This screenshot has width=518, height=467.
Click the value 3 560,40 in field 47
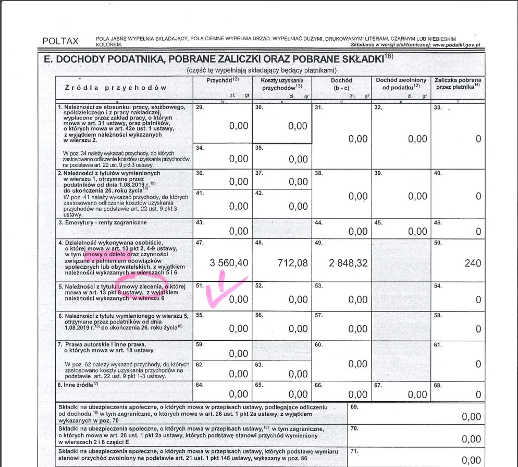click(x=229, y=263)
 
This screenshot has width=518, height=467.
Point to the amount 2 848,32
click(x=348, y=263)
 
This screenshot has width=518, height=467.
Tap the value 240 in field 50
click(x=473, y=263)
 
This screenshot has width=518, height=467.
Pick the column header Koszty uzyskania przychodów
click(x=282, y=84)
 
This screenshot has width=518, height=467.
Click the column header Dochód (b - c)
click(x=341, y=84)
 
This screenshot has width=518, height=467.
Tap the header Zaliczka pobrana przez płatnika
click(x=458, y=83)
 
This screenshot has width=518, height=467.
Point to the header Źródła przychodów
click(x=116, y=88)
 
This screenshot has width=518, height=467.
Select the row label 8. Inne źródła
click(x=78, y=385)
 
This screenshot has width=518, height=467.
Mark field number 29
click(x=199, y=107)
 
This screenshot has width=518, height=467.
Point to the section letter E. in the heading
click(x=48, y=59)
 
